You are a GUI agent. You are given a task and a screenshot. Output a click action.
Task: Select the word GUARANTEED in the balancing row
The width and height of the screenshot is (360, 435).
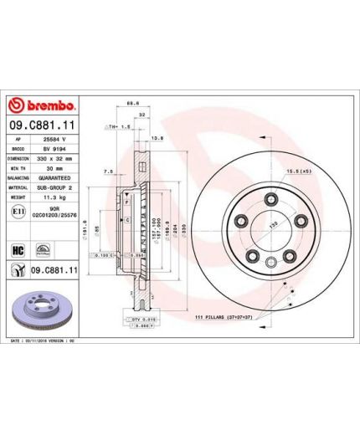[56, 176]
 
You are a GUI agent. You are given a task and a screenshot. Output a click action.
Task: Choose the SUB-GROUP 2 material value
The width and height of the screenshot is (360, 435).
[57, 185]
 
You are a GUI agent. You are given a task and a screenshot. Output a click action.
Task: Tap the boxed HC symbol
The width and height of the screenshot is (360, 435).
[17, 248]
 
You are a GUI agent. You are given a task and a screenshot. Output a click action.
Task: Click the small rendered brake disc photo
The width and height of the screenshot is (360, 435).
[41, 305]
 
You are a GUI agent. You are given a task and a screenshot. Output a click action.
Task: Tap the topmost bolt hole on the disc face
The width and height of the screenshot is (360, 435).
[270, 199]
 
